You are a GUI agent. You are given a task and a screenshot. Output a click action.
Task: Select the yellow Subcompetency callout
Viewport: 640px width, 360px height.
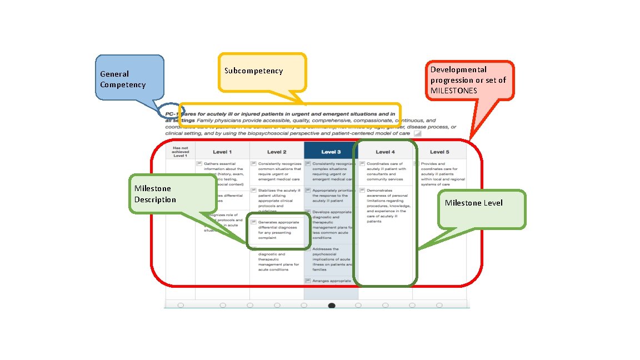(262, 72)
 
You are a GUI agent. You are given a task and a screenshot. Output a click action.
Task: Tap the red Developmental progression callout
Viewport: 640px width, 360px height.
(469, 80)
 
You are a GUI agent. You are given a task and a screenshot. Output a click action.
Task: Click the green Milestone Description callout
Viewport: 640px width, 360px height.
(172, 194)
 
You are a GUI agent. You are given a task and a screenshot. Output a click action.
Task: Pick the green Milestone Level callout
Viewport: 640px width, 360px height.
(481, 209)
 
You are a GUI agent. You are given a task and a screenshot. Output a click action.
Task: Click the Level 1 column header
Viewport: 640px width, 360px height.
(222, 152)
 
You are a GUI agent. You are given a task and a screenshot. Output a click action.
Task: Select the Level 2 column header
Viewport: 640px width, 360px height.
(277, 152)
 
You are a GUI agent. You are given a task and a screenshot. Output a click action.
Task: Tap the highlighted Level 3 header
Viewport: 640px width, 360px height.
(331, 152)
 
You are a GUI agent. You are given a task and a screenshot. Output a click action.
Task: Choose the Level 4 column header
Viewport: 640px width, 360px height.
(385, 152)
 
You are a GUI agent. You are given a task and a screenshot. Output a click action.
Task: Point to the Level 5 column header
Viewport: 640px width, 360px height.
(439, 152)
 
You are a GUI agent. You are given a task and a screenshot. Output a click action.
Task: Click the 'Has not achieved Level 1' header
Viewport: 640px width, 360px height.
(181, 152)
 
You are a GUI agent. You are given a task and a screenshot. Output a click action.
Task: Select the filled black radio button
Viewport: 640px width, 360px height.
(332, 305)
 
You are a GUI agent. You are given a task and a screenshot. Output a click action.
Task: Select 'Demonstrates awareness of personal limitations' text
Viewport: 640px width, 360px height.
(388, 206)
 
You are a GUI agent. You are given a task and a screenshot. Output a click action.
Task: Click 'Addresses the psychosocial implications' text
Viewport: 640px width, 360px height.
(332, 259)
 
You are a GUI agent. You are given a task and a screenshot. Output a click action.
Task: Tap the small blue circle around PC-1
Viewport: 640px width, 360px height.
(168, 111)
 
